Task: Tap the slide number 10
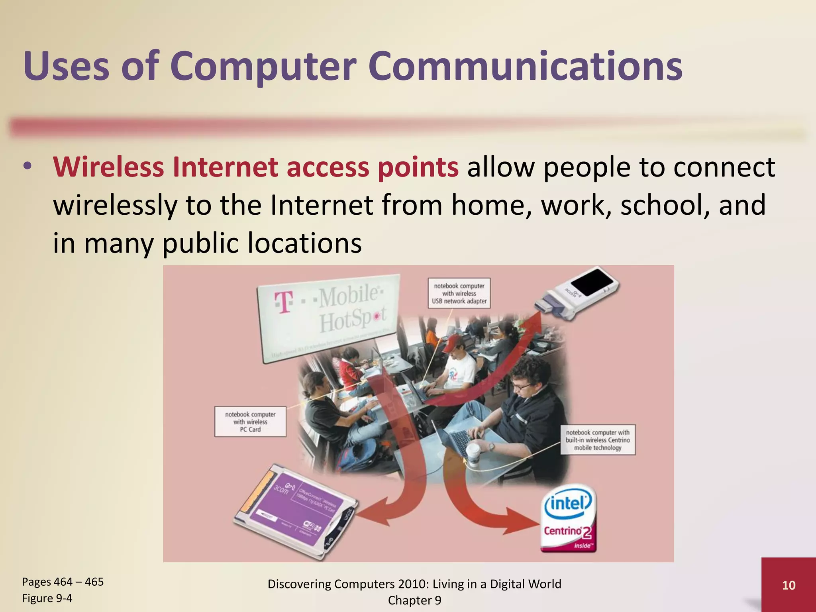[x=789, y=585]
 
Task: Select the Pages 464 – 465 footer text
[x=63, y=582]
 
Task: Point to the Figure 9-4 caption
[x=47, y=598]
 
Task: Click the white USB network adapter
[x=578, y=293]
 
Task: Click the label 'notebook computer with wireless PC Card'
[x=250, y=422]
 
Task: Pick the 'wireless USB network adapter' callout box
[x=459, y=293]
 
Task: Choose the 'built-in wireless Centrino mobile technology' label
[x=598, y=440]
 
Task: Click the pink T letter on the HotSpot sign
[x=284, y=302]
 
